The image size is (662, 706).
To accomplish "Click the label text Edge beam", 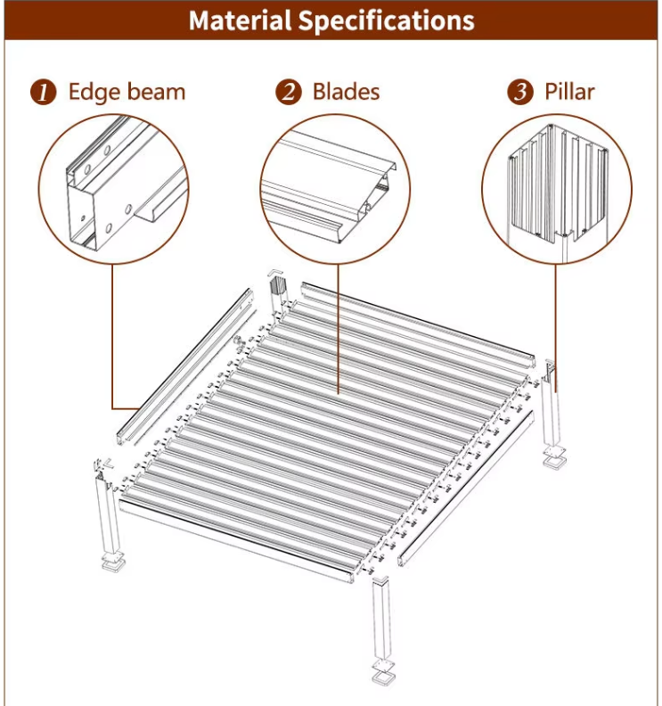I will click(x=127, y=92).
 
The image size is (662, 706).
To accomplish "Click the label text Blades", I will click(x=346, y=92).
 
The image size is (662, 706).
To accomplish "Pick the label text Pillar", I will click(x=569, y=92).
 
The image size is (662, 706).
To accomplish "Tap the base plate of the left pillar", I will click(x=114, y=562).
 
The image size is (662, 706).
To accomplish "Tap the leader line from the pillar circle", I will click(x=557, y=321).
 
